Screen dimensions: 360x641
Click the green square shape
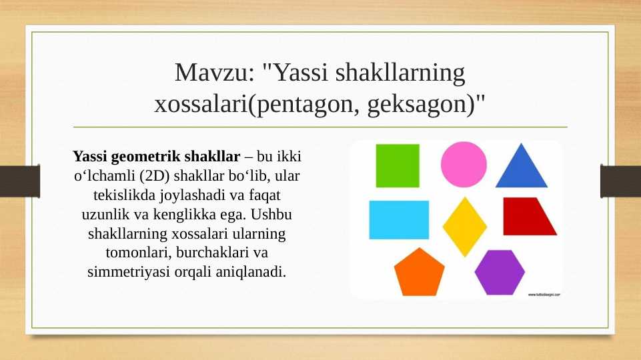398,165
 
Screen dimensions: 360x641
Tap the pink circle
464,165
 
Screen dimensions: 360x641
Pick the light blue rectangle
399,219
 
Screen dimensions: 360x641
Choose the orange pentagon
419,273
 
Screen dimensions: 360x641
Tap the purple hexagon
500,272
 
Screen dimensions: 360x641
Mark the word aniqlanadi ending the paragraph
252,273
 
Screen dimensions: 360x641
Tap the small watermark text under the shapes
544,294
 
